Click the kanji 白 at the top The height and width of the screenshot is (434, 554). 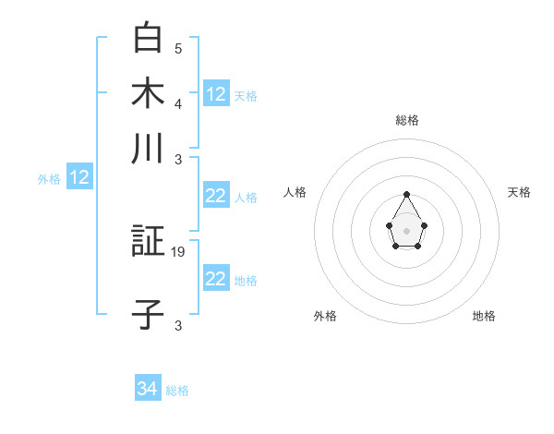pyautogui.click(x=148, y=38)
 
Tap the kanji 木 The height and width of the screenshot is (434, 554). pyautogui.click(x=148, y=93)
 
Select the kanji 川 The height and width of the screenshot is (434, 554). pyautogui.click(x=148, y=149)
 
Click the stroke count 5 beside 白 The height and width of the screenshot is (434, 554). pyautogui.click(x=178, y=49)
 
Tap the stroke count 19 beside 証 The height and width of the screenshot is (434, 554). pyautogui.click(x=180, y=251)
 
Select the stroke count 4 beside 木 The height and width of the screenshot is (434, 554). pyautogui.click(x=178, y=103)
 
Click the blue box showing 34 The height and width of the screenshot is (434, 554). pyautogui.click(x=148, y=389)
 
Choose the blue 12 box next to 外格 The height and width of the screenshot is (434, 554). pyautogui.click(x=79, y=178)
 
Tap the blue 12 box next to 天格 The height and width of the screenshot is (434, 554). pyautogui.click(x=216, y=94)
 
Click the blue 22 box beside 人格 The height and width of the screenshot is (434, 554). pyautogui.click(x=216, y=196)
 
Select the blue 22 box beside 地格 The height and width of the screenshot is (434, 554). pyautogui.click(x=216, y=279)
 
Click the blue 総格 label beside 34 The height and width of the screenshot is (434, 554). pyautogui.click(x=177, y=391)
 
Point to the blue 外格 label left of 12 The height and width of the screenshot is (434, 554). pyautogui.click(x=49, y=179)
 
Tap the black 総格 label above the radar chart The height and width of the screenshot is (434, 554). pyautogui.click(x=407, y=120)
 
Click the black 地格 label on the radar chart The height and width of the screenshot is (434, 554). pyautogui.click(x=484, y=316)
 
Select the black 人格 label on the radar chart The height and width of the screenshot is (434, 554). pyautogui.click(x=295, y=192)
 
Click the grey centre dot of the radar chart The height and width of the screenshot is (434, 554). pyautogui.click(x=406, y=230)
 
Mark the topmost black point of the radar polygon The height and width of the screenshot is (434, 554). pyautogui.click(x=406, y=194)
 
